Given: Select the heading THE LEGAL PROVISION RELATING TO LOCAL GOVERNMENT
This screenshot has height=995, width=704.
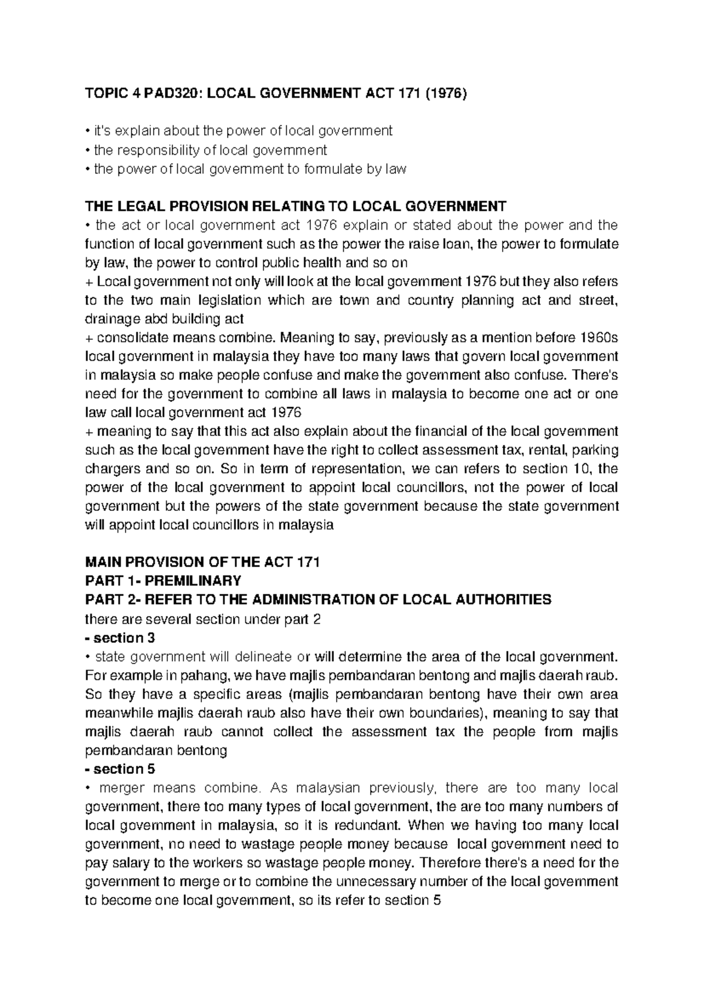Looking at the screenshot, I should click(295, 207).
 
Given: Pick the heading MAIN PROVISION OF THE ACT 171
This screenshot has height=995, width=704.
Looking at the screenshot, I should click(202, 563).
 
